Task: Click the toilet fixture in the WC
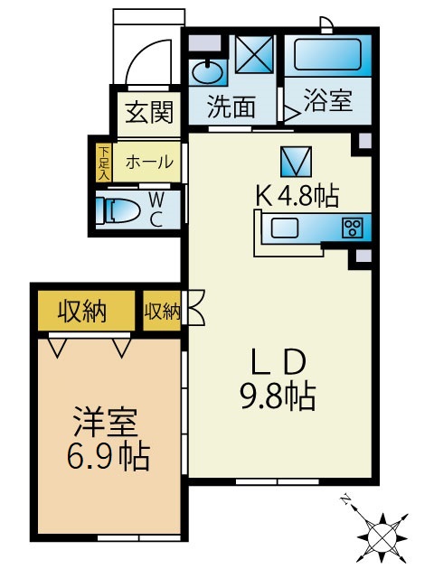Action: pyautogui.click(x=118, y=210)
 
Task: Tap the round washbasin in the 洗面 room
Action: pyautogui.click(x=207, y=72)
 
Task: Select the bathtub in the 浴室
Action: pyautogui.click(x=327, y=54)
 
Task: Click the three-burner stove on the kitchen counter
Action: pyautogui.click(x=352, y=228)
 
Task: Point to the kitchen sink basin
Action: pyautogui.click(x=285, y=228)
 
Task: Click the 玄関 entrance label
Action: pyautogui.click(x=149, y=112)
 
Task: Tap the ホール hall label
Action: pyautogui.click(x=149, y=162)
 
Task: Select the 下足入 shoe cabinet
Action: pyautogui.click(x=105, y=163)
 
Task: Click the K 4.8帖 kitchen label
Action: pyautogui.click(x=297, y=196)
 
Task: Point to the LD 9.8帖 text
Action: pyautogui.click(x=278, y=381)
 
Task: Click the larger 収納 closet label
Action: pyautogui.click(x=82, y=312)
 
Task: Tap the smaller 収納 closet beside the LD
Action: pyautogui.click(x=162, y=312)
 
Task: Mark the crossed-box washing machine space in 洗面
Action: pyautogui.click(x=255, y=54)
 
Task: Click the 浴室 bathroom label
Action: pyautogui.click(x=328, y=100)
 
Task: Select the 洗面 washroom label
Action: pyautogui.click(x=231, y=107)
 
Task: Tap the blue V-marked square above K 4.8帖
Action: pyautogui.click(x=296, y=162)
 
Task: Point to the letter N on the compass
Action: pyautogui.click(x=345, y=499)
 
